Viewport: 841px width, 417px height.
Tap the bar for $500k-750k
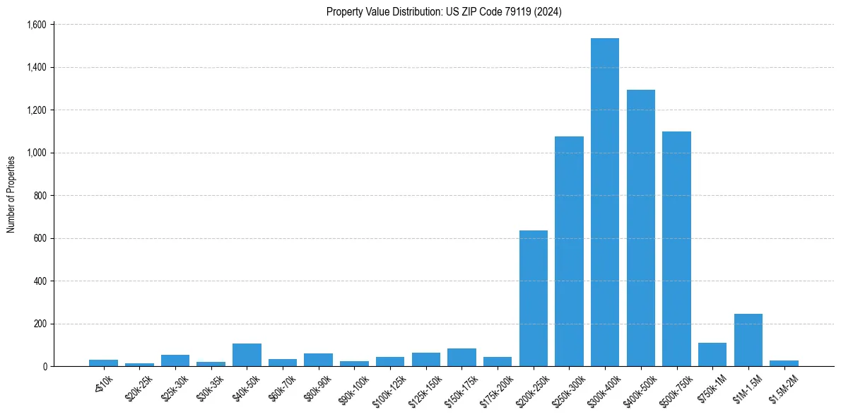coord(676,249)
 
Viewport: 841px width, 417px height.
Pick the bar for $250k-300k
coord(569,251)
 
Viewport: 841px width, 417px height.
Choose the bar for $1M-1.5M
coord(748,340)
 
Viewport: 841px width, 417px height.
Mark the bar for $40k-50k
coord(247,355)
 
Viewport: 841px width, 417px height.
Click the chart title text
coord(444,12)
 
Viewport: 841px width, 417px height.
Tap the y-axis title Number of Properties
coord(11,194)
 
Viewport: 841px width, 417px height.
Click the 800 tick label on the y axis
coord(40,196)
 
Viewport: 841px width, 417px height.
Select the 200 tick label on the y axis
coord(40,324)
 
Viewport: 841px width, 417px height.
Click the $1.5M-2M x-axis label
coord(782,385)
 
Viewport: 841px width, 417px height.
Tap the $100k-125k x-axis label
coord(390,387)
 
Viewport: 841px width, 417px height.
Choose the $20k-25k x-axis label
coord(139,385)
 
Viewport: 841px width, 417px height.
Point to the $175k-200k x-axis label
coord(497,387)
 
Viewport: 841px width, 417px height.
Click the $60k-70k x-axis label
coord(282,385)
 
